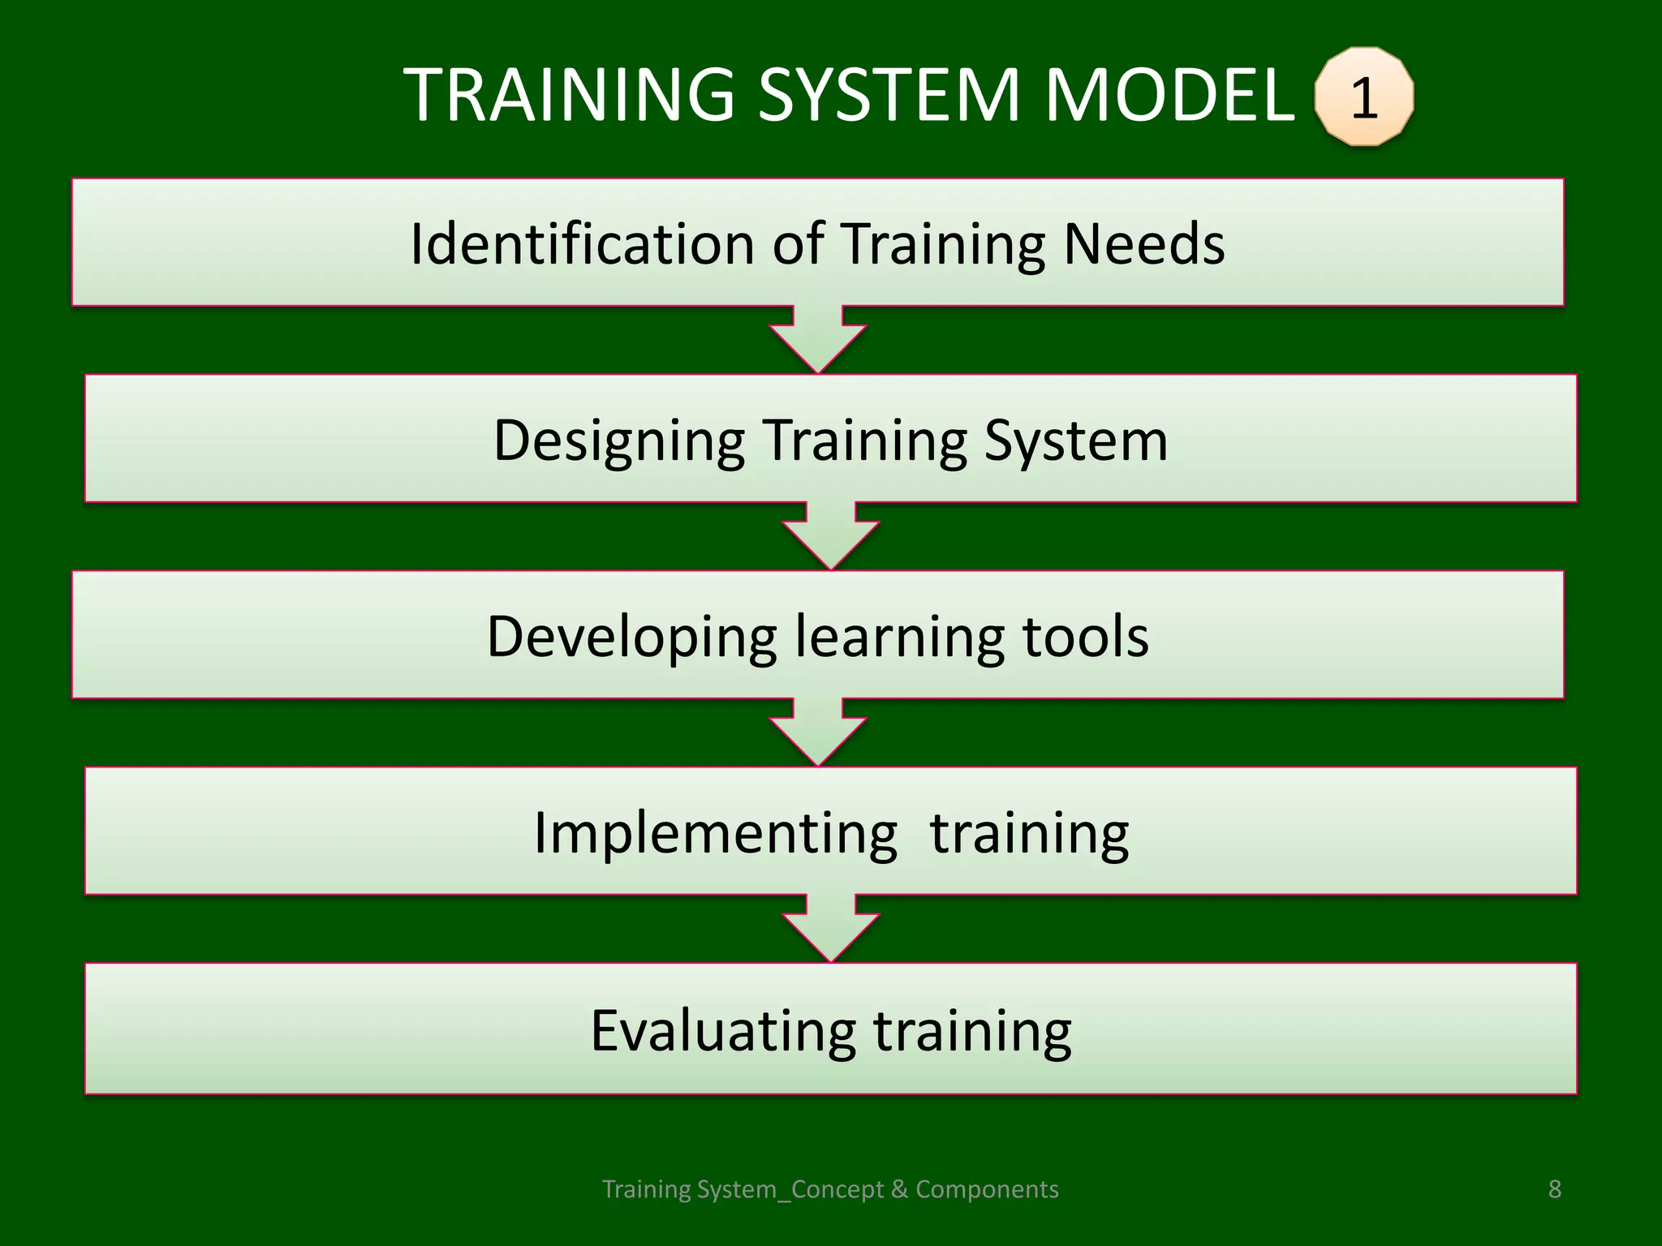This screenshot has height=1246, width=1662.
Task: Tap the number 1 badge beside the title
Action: point(1364,97)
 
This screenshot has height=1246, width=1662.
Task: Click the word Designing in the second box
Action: point(619,440)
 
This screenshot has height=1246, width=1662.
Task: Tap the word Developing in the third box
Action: point(631,637)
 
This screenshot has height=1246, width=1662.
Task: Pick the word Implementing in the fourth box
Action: point(715,833)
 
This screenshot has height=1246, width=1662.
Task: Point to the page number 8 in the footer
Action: point(1554,1189)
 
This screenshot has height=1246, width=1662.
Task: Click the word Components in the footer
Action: point(987,1189)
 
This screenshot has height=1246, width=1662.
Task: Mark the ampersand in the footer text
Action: point(898,1189)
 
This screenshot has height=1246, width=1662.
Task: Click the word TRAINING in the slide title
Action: point(569,95)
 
